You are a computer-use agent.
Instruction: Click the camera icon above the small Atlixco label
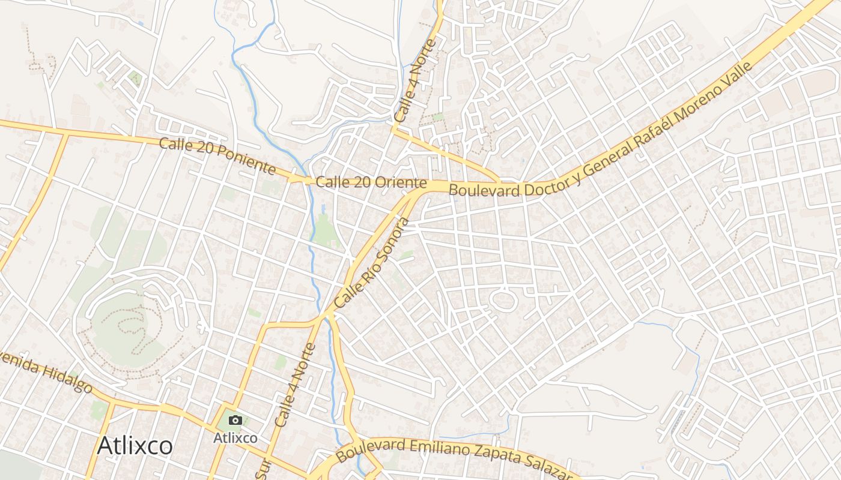click(x=235, y=420)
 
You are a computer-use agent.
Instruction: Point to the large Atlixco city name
click(x=135, y=446)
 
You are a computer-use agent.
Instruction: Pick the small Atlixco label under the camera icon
click(x=235, y=438)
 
